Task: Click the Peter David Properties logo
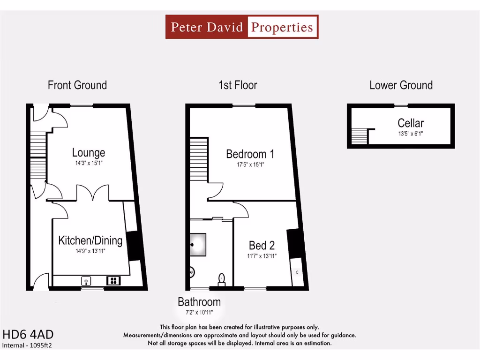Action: click(x=242, y=27)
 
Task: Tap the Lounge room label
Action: click(x=88, y=153)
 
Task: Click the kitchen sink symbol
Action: click(x=86, y=281)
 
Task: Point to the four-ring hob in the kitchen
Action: click(x=113, y=281)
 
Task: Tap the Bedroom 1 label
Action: click(x=250, y=154)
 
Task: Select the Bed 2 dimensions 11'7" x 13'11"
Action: click(x=262, y=256)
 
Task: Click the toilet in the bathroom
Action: click(x=222, y=279)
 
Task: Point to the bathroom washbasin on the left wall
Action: click(x=192, y=271)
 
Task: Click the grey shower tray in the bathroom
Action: click(x=198, y=245)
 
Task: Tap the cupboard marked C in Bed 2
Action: click(x=296, y=272)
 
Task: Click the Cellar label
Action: click(x=411, y=123)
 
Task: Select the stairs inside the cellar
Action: click(x=359, y=136)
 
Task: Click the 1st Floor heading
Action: click(x=238, y=85)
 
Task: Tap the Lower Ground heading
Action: click(x=401, y=85)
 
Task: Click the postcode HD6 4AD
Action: click(x=28, y=335)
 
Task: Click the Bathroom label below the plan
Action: click(x=199, y=302)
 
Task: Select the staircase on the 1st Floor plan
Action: click(x=199, y=159)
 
